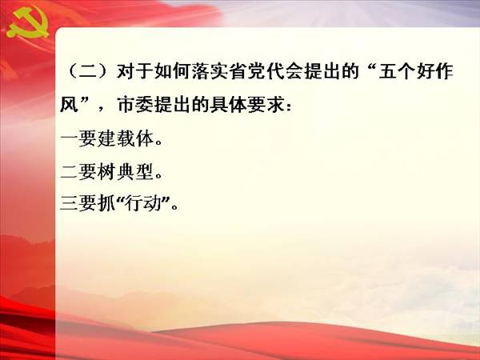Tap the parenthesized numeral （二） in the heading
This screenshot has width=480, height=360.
point(87,71)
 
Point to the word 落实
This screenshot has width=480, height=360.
point(210,71)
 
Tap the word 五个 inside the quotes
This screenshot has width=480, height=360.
point(397,71)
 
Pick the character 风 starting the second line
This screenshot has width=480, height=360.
point(69,105)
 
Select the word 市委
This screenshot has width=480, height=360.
point(135,105)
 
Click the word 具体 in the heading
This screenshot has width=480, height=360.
point(230,105)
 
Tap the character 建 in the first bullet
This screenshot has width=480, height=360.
point(107,138)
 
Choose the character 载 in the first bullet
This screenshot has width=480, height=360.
point(126,138)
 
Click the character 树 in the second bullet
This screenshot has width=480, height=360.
point(107,171)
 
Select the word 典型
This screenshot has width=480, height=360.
point(134,171)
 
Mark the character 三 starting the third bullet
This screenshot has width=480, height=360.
point(69,203)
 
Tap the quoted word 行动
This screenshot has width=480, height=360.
point(143,203)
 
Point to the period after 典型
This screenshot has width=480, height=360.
point(158,176)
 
